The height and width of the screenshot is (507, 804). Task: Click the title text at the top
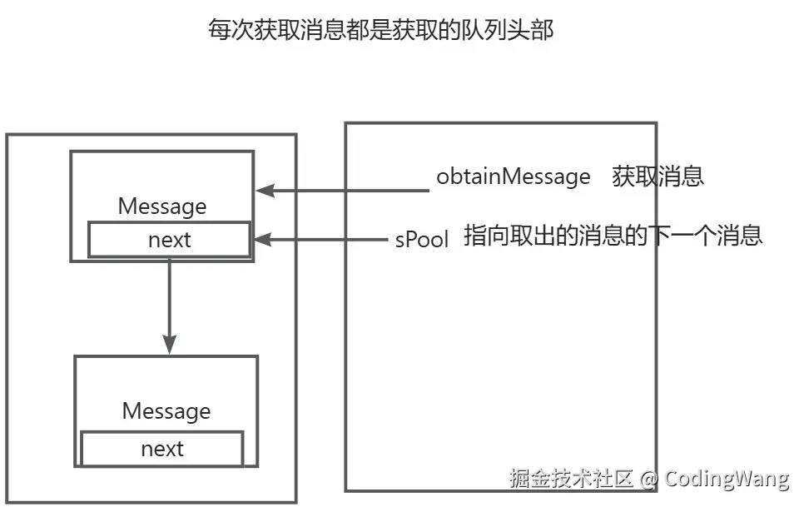click(x=380, y=31)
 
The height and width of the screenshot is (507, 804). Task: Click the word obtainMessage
click(x=513, y=176)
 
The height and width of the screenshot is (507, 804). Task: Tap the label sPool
click(x=422, y=240)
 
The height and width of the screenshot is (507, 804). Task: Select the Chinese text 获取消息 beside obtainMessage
click(x=658, y=176)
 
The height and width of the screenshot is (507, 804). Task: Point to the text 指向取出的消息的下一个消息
click(x=613, y=236)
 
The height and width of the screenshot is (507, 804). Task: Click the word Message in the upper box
click(x=162, y=206)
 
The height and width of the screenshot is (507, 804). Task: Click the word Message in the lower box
click(x=166, y=411)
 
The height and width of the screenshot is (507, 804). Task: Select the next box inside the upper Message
click(x=170, y=240)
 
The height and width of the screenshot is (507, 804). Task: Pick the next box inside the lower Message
click(x=162, y=450)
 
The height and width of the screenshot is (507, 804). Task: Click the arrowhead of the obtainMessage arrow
click(x=264, y=191)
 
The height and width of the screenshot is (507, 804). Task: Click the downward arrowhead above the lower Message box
click(x=170, y=344)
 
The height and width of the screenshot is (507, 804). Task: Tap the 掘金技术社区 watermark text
click(x=572, y=479)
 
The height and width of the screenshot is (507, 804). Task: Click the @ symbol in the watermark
click(x=649, y=479)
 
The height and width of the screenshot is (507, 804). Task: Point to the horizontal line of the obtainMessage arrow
click(x=350, y=191)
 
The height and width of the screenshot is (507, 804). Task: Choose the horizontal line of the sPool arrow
click(x=329, y=240)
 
